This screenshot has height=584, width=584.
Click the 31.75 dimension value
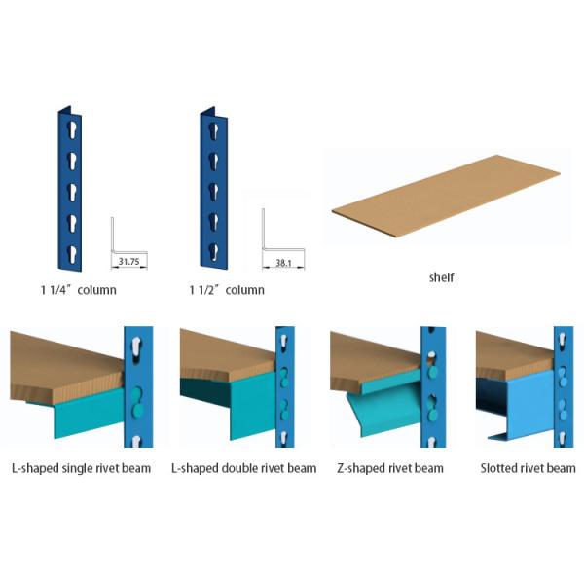pos(128,262)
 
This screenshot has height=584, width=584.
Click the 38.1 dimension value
pos(283,263)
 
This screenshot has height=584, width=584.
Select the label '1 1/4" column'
pos(78,290)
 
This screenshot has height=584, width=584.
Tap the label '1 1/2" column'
pos(227,290)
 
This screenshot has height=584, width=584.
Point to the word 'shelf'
pos(441,277)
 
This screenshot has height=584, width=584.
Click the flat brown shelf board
pos(446,196)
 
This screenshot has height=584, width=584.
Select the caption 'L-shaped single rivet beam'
pos(81,468)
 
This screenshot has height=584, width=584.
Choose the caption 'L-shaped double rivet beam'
pos(244,468)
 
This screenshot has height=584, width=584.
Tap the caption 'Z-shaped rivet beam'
pos(390,468)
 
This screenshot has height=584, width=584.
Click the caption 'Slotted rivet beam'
pos(528,468)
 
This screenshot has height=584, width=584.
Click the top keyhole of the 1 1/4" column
pos(71,130)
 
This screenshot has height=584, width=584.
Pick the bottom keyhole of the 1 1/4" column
pos(71,254)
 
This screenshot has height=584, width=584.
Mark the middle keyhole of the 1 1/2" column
pos(214,191)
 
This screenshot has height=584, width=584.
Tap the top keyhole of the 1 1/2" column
pos(214,130)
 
